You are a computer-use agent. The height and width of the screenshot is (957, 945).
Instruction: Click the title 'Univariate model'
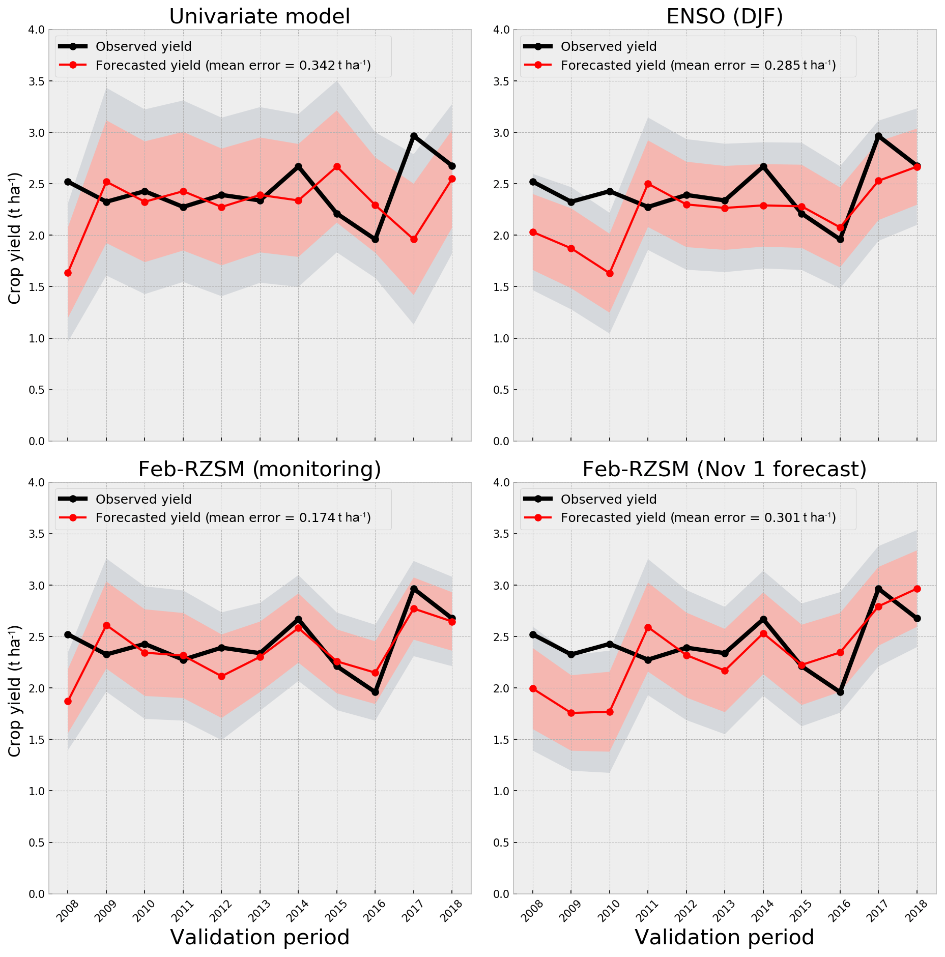[260, 16]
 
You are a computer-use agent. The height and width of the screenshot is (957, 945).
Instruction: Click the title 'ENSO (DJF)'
[724, 16]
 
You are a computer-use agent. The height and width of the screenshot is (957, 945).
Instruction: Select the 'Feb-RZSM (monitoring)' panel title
[260, 469]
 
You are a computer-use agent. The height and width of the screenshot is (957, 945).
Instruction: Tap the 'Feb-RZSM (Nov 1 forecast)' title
[724, 469]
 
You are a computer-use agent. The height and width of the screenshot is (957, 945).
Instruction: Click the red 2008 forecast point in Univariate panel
[68, 273]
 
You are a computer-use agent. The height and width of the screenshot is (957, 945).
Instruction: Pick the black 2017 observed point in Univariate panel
[414, 136]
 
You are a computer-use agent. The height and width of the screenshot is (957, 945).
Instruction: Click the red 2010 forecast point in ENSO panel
[610, 274]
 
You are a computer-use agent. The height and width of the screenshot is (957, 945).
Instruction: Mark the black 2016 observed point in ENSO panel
[840, 239]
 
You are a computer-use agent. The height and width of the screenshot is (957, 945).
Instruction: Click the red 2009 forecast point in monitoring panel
[106, 625]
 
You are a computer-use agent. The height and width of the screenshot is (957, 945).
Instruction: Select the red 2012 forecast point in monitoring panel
[221, 676]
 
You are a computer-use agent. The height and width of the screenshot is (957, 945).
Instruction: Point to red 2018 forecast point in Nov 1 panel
[917, 589]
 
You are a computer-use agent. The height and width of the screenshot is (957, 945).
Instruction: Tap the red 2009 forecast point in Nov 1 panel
[571, 713]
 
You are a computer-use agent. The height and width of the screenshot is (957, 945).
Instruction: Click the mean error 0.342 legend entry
[233, 66]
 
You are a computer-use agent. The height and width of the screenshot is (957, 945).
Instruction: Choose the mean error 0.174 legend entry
[233, 518]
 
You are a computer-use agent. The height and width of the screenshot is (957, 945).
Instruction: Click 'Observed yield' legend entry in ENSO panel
[608, 47]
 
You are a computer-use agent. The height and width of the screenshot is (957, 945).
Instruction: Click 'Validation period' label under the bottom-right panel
[724, 937]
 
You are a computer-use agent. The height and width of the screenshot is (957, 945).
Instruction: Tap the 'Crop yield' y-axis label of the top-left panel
[15, 238]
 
